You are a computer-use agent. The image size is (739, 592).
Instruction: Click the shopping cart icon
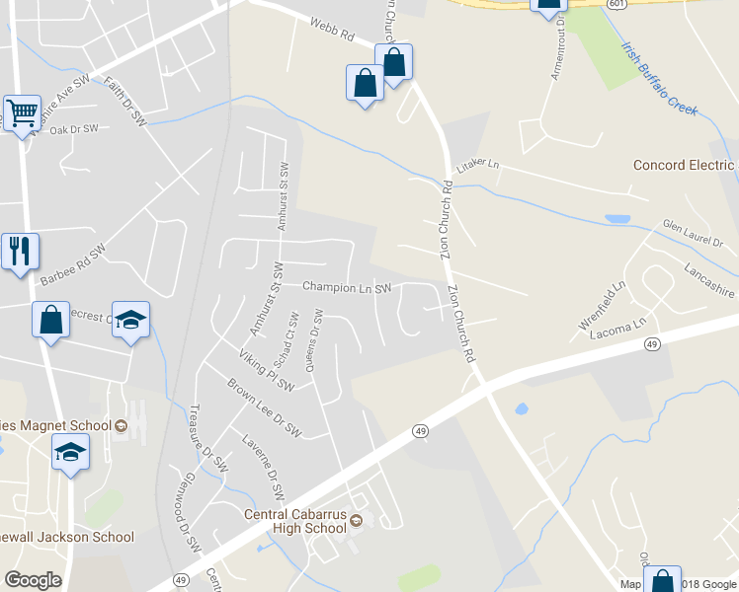pos(21,111)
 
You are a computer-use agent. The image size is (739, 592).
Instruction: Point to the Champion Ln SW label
pos(347,288)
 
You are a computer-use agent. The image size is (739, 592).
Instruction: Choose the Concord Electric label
pos(684,165)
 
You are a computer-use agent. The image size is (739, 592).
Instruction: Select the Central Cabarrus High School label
pos(296,521)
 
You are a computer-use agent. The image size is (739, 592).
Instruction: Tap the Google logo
pos(33,580)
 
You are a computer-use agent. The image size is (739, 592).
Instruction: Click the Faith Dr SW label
pos(125,102)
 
